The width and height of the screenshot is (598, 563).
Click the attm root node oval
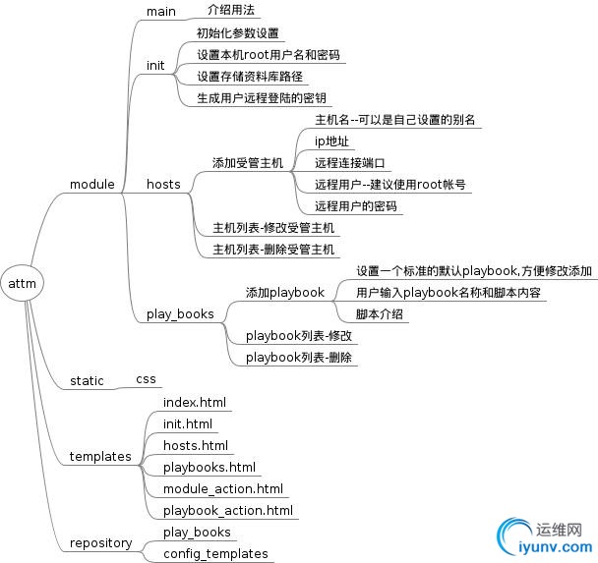[x=22, y=283]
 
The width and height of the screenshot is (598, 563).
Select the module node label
[x=91, y=184]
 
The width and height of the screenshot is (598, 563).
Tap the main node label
[x=160, y=11]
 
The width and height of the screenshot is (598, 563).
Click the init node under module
[x=155, y=65]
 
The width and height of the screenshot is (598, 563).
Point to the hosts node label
[x=163, y=184]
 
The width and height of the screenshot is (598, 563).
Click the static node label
[x=87, y=380]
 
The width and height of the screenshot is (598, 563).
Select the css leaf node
[x=145, y=377]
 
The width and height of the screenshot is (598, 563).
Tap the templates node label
[x=100, y=456]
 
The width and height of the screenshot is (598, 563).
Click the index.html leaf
[x=195, y=402]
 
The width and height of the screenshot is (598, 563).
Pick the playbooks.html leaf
[x=209, y=467]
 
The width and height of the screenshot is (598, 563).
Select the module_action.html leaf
[x=223, y=488]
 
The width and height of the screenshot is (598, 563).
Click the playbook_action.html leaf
[x=228, y=510]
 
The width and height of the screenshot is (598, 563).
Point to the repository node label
[x=100, y=542]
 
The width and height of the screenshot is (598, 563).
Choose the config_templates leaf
[x=215, y=553]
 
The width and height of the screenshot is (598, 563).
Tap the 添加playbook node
[x=284, y=292]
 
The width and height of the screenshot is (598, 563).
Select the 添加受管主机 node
[x=248, y=162]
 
